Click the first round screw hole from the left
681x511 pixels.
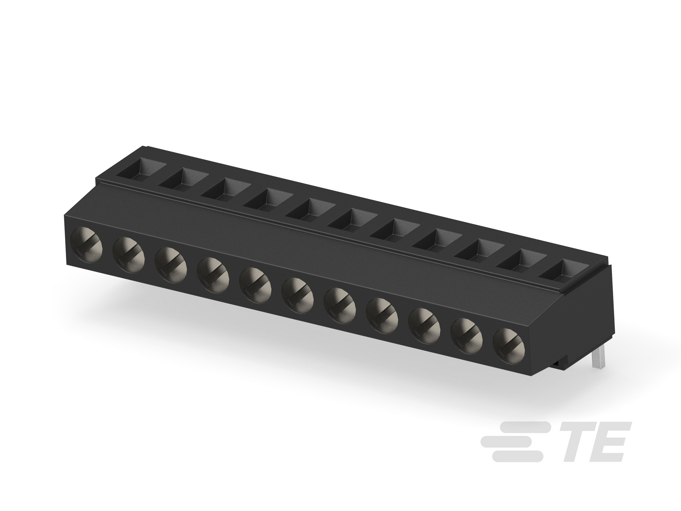click(x=86, y=245)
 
